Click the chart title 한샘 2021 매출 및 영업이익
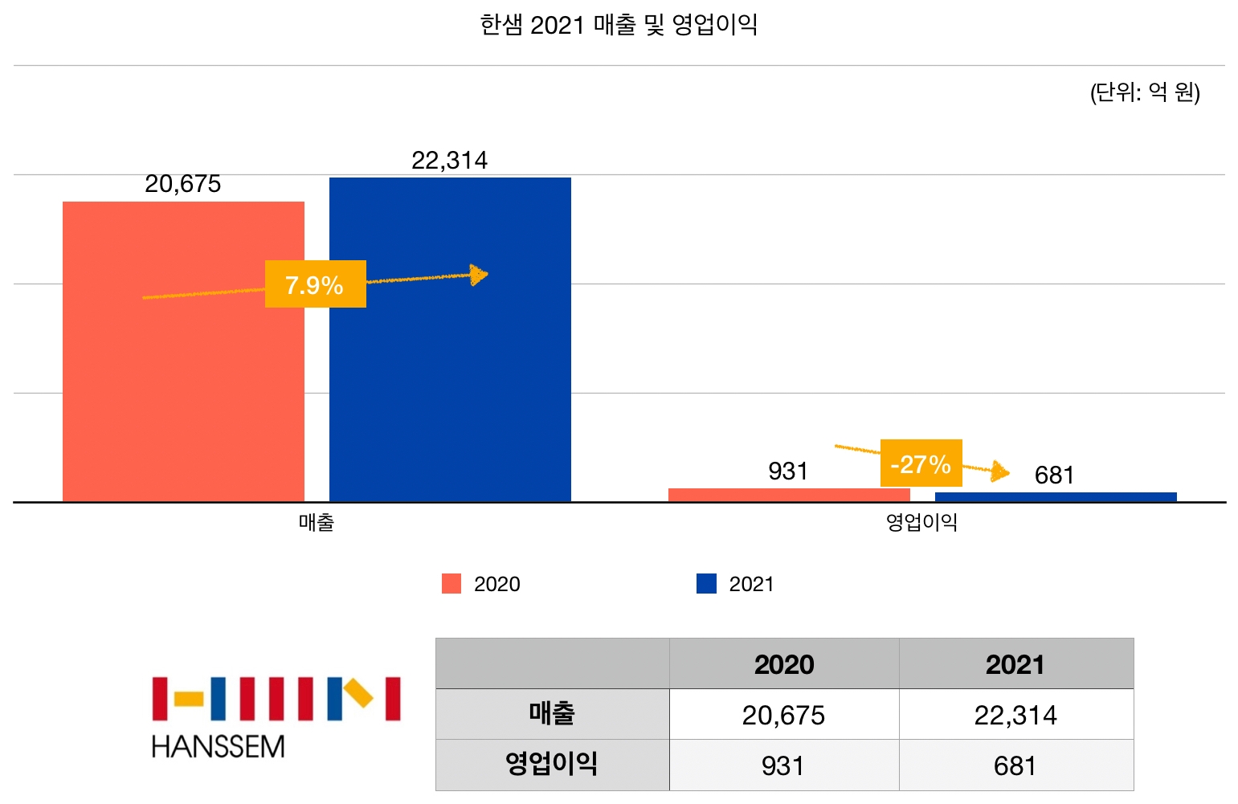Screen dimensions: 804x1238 tap(619, 25)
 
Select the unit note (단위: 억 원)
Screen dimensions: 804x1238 tap(1145, 92)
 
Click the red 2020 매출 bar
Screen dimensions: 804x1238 tap(183, 386)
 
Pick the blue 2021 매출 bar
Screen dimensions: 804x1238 tap(450, 386)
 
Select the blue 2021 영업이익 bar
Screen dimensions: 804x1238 tap(1056, 497)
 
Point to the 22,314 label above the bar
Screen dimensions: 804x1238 tap(449, 161)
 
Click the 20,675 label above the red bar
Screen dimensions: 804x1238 tap(183, 184)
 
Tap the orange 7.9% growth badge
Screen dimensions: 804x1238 tap(315, 284)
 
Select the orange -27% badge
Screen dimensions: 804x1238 tap(921, 463)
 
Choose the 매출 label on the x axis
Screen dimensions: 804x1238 tap(317, 523)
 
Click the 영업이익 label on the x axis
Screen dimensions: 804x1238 tap(921, 523)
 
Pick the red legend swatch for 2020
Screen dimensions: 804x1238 tap(451, 584)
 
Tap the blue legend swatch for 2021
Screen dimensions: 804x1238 tap(706, 584)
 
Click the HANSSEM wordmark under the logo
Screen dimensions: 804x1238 tap(218, 747)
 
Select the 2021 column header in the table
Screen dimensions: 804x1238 tap(1015, 664)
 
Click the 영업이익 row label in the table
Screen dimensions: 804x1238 tap(551, 764)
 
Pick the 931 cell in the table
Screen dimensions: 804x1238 tap(782, 765)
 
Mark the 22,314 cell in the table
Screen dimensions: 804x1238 tap(1015, 715)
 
